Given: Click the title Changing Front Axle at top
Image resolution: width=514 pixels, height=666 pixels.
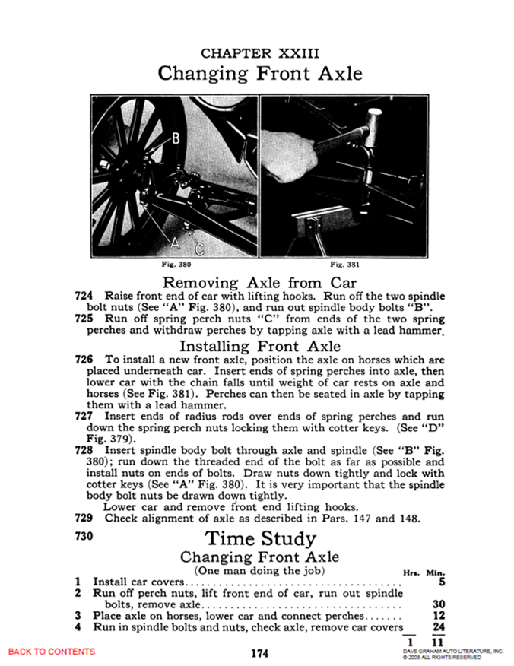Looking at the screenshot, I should (259, 74).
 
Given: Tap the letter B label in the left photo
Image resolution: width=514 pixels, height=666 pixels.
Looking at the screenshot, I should (175, 138).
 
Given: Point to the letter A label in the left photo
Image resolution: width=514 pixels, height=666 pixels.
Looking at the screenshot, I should (174, 243).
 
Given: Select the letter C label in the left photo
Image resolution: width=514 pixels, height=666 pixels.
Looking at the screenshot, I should (200, 248).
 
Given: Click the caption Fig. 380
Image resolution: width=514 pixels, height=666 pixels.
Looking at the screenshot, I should (175, 265).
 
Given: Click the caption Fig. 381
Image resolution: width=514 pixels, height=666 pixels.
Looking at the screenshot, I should (344, 265).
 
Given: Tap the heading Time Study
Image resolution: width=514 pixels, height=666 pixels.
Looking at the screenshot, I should (260, 538).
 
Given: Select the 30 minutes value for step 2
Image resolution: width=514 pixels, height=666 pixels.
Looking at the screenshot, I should (436, 604).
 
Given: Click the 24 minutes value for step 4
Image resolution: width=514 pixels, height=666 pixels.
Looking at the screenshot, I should (436, 627).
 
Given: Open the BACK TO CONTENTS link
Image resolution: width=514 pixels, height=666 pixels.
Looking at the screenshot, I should (52, 652).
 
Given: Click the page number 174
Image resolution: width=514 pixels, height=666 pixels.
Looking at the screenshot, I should (259, 653).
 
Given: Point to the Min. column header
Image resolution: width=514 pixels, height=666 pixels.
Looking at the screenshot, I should (436, 572).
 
